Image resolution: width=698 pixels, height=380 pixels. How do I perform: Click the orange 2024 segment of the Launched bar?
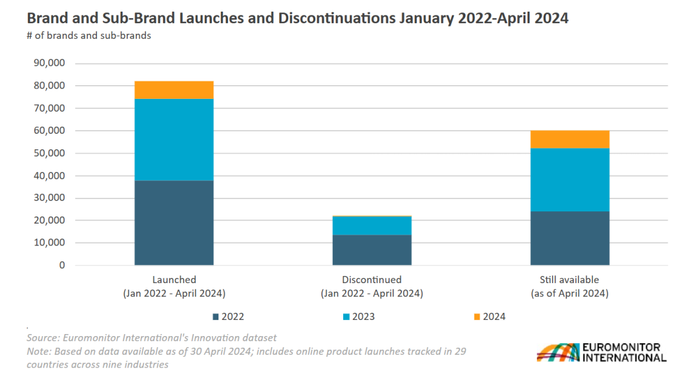pyautogui.click(x=174, y=90)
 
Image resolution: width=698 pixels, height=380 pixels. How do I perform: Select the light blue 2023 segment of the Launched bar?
pyautogui.click(x=174, y=140)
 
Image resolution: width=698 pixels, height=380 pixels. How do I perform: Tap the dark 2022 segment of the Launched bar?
pyautogui.click(x=174, y=222)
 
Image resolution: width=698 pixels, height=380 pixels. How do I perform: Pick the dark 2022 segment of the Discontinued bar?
pyautogui.click(x=372, y=249)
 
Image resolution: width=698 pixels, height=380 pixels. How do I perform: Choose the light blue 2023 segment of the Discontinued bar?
pyautogui.click(x=372, y=226)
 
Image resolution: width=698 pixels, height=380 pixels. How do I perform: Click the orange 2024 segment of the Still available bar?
pyautogui.click(x=569, y=140)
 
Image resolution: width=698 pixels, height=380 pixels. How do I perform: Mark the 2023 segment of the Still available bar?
pyautogui.click(x=569, y=180)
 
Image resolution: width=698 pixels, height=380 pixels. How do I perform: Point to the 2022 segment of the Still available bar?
pyautogui.click(x=569, y=238)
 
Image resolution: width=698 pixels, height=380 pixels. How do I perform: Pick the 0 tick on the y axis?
pyautogui.click(x=62, y=265)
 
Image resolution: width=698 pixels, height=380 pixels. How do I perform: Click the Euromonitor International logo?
pyautogui.click(x=601, y=352)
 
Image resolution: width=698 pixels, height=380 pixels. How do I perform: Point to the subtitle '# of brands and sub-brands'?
pyautogui.click(x=89, y=36)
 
